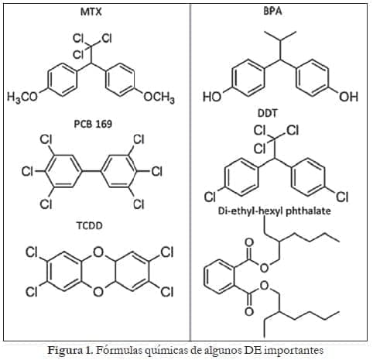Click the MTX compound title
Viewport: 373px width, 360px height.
tap(91, 12)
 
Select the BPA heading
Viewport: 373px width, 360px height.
tap(272, 12)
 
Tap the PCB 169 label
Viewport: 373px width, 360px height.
tap(93, 124)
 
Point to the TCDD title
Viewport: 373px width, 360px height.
tap(90, 226)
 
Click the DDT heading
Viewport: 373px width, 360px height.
tap(268, 113)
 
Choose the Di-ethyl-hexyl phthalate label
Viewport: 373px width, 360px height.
tap(275, 211)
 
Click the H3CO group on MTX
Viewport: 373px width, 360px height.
tap(22, 98)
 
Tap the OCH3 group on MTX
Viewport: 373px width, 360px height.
tap(159, 98)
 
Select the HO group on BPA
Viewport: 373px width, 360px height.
tap(212, 97)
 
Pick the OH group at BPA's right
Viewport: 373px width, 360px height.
tap(348, 97)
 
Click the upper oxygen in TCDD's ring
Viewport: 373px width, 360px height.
tap(98, 252)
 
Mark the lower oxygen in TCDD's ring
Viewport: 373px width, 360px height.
tap(98, 292)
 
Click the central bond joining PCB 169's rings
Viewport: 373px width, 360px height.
tap(91, 171)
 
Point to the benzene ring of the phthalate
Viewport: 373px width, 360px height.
tap(220, 277)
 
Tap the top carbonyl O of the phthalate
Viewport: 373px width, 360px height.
tap(249, 243)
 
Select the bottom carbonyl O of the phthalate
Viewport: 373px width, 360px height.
tap(249, 311)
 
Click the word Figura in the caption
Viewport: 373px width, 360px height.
tap(65, 351)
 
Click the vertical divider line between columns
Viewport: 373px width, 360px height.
tap(190, 172)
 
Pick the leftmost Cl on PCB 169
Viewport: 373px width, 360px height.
tap(27, 171)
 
